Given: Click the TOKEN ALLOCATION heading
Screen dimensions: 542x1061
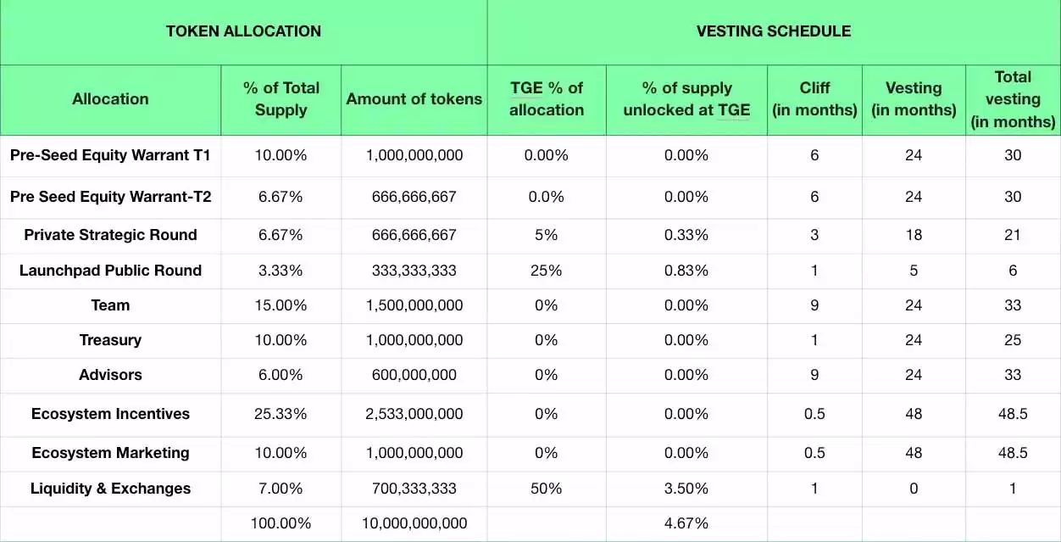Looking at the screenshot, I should [243, 31].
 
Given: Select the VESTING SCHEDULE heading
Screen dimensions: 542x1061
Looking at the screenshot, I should [774, 31].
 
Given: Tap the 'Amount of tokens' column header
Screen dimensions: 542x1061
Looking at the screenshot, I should [414, 98].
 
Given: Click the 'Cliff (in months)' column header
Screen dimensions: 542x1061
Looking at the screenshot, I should [814, 98].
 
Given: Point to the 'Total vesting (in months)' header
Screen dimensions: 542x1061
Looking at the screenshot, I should [1013, 99].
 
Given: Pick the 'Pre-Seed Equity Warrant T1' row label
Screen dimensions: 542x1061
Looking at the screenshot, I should [110, 155].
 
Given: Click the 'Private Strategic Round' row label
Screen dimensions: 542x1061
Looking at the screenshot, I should [110, 235].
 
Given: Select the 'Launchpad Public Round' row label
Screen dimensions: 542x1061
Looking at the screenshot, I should [110, 271].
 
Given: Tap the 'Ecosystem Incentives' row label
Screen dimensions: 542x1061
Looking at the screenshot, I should [110, 414].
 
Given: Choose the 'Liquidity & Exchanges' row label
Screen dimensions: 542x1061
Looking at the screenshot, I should [110, 489].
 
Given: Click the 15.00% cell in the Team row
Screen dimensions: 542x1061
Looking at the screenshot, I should [281, 305].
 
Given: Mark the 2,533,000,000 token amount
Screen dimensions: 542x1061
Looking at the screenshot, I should [414, 414].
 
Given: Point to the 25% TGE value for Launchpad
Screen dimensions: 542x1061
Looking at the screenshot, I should [547, 271].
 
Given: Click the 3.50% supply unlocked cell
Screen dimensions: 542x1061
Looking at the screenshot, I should [686, 489].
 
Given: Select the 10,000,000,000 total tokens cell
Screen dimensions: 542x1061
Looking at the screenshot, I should [414, 523].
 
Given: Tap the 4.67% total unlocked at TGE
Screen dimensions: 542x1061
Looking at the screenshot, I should [686, 523].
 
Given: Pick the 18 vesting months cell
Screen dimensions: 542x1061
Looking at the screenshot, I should [914, 235].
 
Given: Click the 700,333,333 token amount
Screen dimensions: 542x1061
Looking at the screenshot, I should [414, 489].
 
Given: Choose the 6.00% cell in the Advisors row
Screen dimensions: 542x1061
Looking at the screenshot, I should [281, 375].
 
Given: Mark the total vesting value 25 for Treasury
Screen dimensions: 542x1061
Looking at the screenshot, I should [1013, 340].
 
